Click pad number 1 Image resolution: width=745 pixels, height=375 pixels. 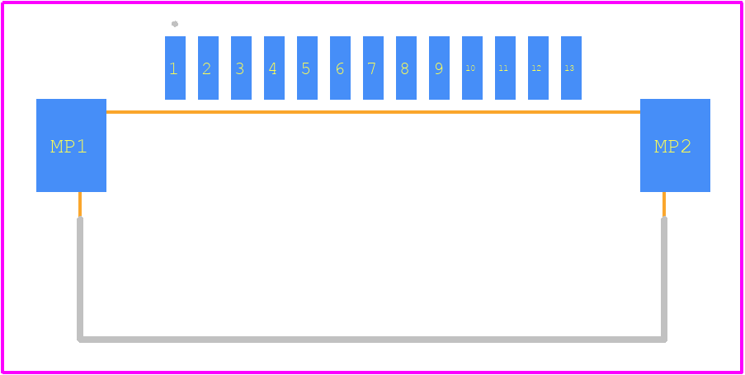coord(175,68)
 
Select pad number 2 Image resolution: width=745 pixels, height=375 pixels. coord(208,68)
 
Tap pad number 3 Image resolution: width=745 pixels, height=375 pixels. coord(241,68)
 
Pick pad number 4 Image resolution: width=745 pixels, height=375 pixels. coord(274,68)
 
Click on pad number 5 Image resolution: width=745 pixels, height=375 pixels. coord(307,68)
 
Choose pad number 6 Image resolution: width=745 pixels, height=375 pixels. coord(340,68)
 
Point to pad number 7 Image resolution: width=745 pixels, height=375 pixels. coord(373,68)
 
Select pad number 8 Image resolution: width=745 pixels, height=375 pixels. coord(406,68)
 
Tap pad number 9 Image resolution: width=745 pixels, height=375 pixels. coord(439,68)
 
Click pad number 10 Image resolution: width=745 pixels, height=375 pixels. coord(472,68)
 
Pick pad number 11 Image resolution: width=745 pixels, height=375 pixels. coord(505,68)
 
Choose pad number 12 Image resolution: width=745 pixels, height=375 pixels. coord(538,68)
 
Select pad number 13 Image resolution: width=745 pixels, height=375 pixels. coord(571,68)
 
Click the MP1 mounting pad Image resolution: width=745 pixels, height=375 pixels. coord(71,145)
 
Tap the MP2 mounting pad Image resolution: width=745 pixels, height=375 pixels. coord(675,145)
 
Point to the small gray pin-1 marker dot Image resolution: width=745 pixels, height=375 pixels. coord(175,24)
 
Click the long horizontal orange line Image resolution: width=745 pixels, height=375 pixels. coord(373,112)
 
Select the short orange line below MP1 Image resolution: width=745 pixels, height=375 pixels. coord(80,204)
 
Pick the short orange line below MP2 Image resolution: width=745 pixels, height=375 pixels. coord(664,204)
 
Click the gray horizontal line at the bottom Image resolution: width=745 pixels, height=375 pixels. coord(372,340)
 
